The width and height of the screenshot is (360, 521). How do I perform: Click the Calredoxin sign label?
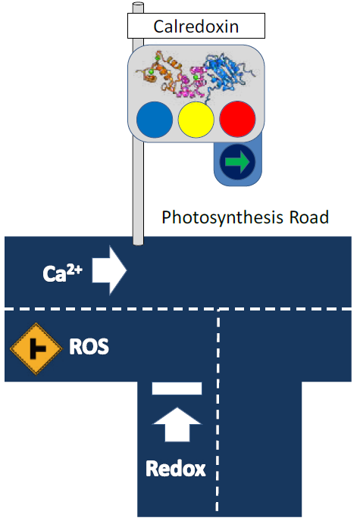(x=196, y=27)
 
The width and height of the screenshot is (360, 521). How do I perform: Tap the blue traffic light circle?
(x=154, y=120)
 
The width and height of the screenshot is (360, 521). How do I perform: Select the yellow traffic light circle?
(x=196, y=120)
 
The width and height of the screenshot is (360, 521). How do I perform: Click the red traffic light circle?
(x=237, y=120)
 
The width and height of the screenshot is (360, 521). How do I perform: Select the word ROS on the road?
(x=89, y=348)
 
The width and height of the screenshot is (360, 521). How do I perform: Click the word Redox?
(x=176, y=469)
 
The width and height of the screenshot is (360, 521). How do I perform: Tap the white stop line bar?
(x=177, y=388)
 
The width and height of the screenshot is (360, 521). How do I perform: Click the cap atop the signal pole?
(x=138, y=7)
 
